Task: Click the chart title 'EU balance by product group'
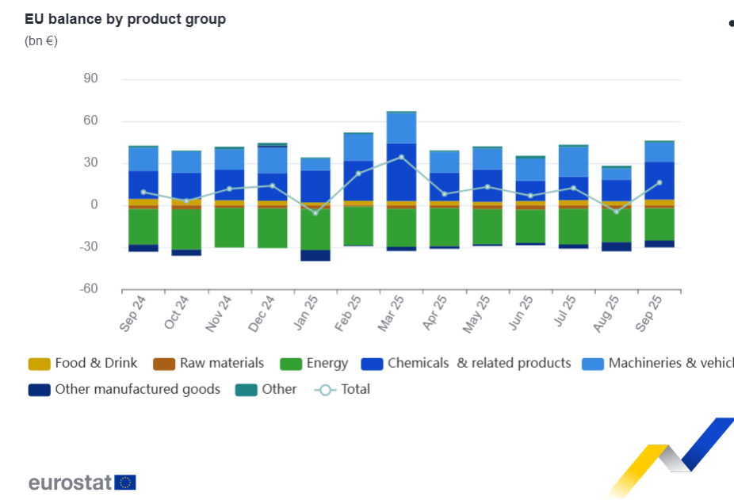tap(125, 19)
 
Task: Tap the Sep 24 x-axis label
tap(135, 312)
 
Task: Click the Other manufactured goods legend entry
tap(125, 389)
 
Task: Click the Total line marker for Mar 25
tap(402, 157)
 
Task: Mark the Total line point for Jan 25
tap(315, 212)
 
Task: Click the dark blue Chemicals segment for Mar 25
tap(402, 171)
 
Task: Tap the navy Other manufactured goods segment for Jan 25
tap(315, 255)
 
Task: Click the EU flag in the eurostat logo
tap(125, 482)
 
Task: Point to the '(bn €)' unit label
tap(41, 41)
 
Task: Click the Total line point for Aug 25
tap(616, 212)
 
